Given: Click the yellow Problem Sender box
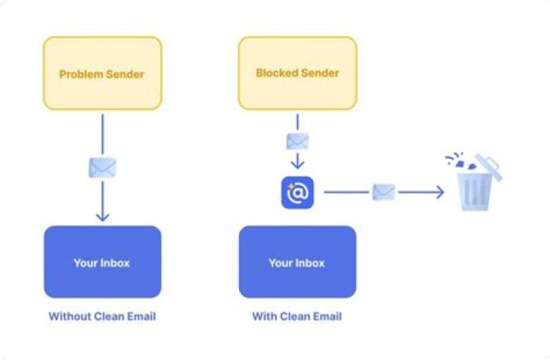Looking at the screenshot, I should pyautogui.click(x=102, y=73).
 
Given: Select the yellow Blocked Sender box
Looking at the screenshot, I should pyautogui.click(x=297, y=73).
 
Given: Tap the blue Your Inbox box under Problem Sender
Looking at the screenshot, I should pyautogui.click(x=102, y=261).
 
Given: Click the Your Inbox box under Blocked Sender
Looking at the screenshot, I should pyautogui.click(x=297, y=261).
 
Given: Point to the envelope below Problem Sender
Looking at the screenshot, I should pyautogui.click(x=102, y=167).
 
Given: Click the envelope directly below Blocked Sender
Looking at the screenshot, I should pyautogui.click(x=297, y=141).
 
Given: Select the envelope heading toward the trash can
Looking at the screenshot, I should pyautogui.click(x=383, y=193).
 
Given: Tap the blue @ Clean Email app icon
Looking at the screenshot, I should pyautogui.click(x=297, y=193).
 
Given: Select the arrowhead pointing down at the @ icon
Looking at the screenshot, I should pyautogui.click(x=297, y=164).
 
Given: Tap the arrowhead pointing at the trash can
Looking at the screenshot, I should pyautogui.click(x=438, y=193).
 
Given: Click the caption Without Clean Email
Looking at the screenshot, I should pyautogui.click(x=102, y=316).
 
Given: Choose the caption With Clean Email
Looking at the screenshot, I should pyautogui.click(x=297, y=316).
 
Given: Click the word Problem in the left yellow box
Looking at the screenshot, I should pyautogui.click(x=80, y=74).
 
